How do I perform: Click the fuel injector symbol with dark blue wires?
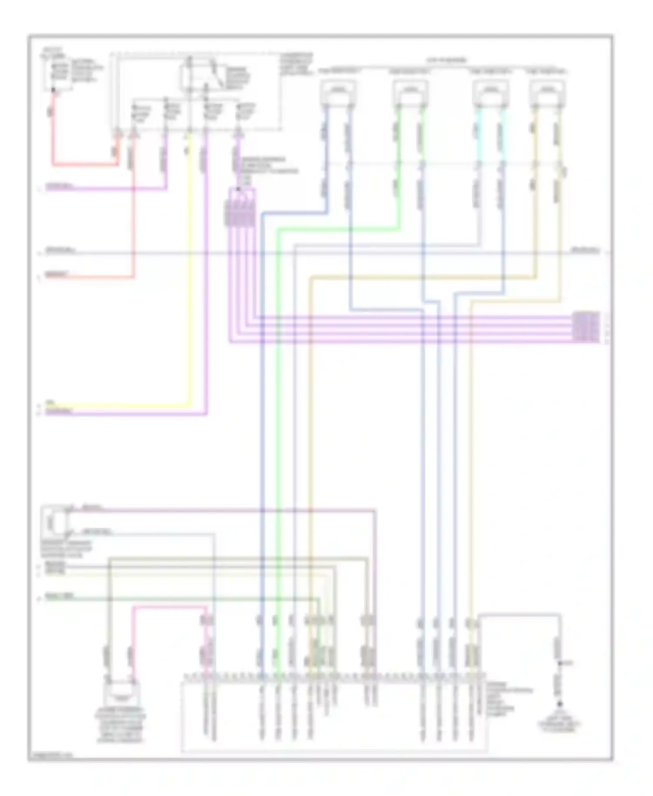338,92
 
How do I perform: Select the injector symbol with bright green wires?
410,92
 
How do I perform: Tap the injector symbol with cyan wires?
491,92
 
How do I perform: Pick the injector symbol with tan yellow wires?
547,92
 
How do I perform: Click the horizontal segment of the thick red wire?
85,165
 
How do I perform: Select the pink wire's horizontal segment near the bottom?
170,607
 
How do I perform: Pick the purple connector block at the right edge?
586,327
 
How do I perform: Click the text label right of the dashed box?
296,64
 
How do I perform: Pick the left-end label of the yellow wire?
50,402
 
